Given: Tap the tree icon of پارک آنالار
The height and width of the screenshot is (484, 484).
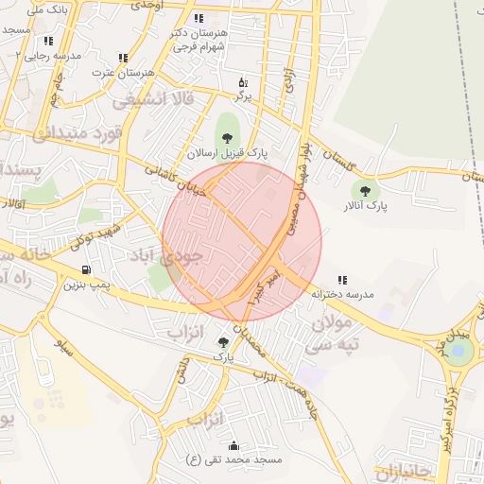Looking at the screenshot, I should [365, 189].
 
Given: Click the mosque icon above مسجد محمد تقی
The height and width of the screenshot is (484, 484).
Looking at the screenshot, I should [233, 445].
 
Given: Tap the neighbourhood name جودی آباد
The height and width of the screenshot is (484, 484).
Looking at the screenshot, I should [178, 256].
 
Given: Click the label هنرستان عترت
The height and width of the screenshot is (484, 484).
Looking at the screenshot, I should [122, 72].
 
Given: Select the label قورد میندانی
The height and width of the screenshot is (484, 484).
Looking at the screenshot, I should [79, 132].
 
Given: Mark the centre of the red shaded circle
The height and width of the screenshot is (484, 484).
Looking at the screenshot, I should [242, 241].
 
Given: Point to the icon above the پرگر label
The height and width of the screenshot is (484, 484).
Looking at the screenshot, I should [243, 82].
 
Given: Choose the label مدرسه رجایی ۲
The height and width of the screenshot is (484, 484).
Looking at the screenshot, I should [49, 56].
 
